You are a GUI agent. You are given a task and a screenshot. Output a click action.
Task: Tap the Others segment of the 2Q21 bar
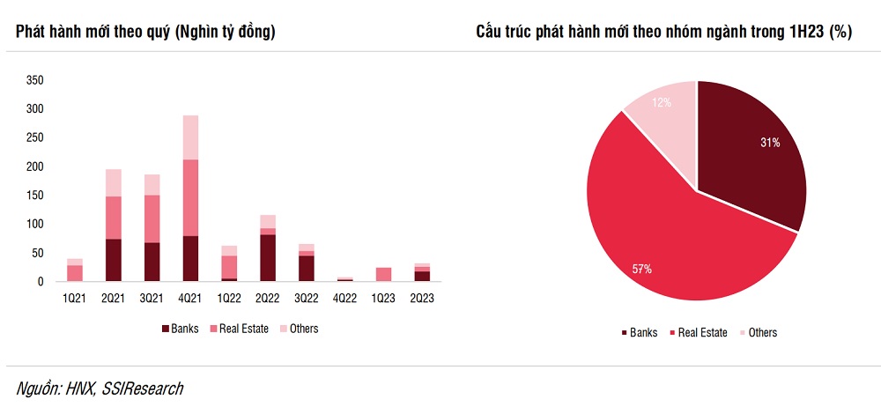pyautogui.click(x=113, y=182)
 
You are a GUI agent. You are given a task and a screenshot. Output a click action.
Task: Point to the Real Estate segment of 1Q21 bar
pyautogui.click(x=74, y=273)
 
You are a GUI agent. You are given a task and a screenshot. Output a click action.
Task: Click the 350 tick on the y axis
pyautogui.click(x=35, y=80)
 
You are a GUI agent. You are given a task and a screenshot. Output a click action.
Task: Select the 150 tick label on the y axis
pyautogui.click(x=35, y=196)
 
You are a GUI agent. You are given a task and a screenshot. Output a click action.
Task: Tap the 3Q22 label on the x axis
pyautogui.click(x=307, y=299)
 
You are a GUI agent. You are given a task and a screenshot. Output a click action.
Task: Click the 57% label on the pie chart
pyautogui.click(x=641, y=269)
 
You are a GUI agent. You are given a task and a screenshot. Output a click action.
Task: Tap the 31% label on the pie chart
pyautogui.click(x=770, y=143)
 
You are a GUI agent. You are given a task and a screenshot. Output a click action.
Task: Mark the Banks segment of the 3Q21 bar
pyautogui.click(x=152, y=263)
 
